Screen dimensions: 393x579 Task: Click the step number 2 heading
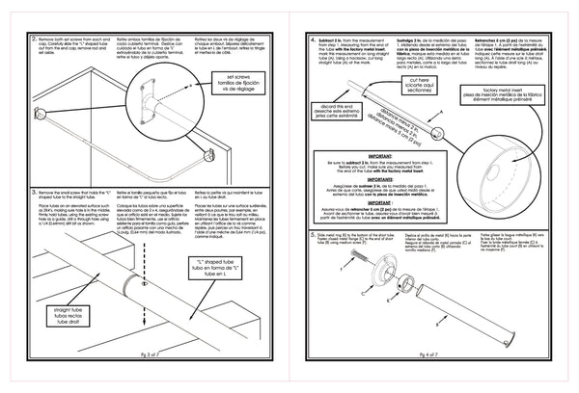pyautogui.click(x=36, y=38)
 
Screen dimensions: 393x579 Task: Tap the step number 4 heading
pyautogui.click(x=314, y=39)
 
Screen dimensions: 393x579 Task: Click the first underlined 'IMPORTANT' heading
pyautogui.click(x=377, y=181)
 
